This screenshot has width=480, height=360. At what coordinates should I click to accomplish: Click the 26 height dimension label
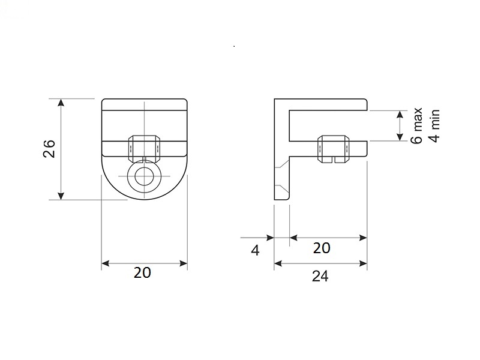tap(49, 149)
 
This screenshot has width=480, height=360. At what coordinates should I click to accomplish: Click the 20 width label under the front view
tap(142, 273)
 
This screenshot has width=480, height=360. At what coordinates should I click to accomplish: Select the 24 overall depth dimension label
tap(320, 276)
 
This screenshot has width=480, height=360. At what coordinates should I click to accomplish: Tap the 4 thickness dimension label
tap(255, 250)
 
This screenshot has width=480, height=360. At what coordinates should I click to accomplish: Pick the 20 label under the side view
tap(322, 248)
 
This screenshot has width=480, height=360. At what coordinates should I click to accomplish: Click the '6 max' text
tap(416, 125)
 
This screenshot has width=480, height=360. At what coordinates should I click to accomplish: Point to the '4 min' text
tap(434, 126)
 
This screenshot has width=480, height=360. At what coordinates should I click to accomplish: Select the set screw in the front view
tap(144, 149)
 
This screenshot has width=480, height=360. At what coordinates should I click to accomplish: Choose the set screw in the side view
tap(333, 149)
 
